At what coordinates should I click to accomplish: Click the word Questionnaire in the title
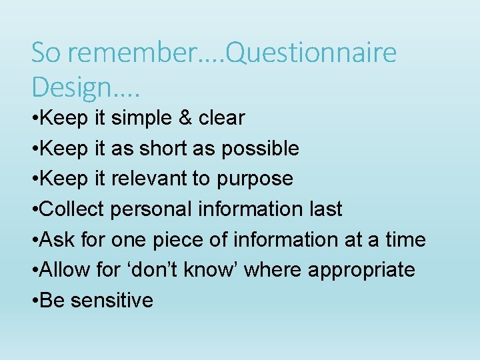(x=311, y=53)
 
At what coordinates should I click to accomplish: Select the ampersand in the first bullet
(x=184, y=118)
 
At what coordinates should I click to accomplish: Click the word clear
(x=222, y=118)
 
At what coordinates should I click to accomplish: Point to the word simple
(x=141, y=118)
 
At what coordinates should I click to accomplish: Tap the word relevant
(x=154, y=179)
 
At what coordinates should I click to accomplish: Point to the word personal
(x=151, y=209)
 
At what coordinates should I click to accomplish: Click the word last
(x=325, y=209)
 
